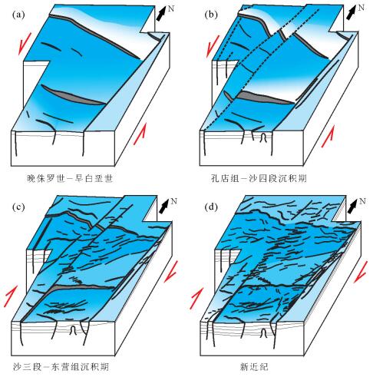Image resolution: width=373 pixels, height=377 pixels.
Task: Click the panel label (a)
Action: (18, 15)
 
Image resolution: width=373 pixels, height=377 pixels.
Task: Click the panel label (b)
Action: (211, 15)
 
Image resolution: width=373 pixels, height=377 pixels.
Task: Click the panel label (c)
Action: (18, 207)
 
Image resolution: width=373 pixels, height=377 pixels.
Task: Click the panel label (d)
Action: (211, 207)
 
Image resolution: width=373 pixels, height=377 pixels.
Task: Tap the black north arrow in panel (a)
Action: (162, 14)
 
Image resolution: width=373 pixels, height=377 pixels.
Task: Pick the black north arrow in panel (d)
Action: (353, 207)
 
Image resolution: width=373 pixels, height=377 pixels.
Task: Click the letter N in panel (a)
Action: (171, 8)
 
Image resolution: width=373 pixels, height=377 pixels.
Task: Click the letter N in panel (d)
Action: (362, 201)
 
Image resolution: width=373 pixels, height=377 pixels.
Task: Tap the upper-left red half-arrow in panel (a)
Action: (25, 44)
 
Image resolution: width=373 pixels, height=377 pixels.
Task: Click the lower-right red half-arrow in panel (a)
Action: (140, 134)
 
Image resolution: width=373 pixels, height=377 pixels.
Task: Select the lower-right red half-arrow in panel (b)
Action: (328, 137)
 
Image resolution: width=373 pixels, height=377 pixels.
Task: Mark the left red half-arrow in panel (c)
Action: (11, 296)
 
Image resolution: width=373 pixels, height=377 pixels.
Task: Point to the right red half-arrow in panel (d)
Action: (361, 272)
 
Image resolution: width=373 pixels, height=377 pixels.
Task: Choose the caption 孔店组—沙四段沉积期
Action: (259, 178)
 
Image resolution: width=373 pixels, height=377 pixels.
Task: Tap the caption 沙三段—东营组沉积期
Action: (61, 367)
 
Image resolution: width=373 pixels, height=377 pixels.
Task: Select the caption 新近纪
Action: (254, 367)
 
